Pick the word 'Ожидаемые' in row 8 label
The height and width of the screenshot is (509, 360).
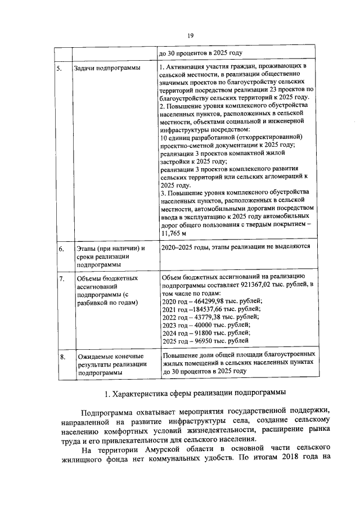tap(95, 357)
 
